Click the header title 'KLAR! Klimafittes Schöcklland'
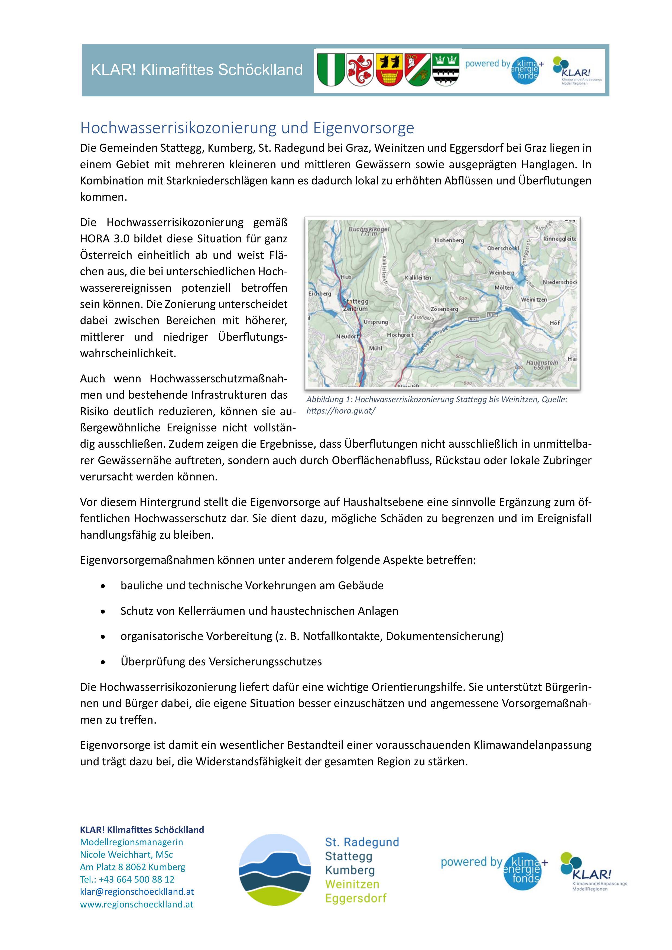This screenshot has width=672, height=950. [197, 70]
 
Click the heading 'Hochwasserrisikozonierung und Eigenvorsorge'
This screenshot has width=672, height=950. [247, 128]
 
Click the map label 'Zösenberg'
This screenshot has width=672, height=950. [444, 309]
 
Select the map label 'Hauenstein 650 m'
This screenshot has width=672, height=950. [542, 365]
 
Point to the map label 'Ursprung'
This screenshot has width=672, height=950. [375, 322]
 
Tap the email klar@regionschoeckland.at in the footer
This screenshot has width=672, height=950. [137, 892]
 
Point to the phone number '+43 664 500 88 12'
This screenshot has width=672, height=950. [137, 879]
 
